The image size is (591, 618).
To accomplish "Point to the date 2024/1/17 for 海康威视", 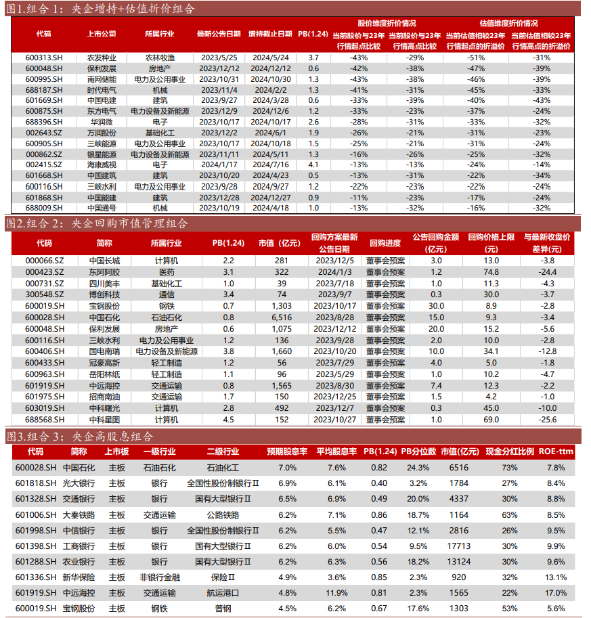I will pos(218,164).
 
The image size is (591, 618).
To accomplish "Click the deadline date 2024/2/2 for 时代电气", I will pos(270,89).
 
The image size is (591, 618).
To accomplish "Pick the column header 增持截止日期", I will pos(270,33).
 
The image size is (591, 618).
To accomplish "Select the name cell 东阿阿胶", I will pos(104,271).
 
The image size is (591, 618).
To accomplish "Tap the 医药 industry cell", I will pos(167,271).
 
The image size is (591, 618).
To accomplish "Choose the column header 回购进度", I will pos(386,242).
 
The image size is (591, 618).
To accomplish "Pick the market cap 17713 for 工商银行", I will pos(458,546).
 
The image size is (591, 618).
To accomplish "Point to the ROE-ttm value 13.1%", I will pos(556,577).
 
